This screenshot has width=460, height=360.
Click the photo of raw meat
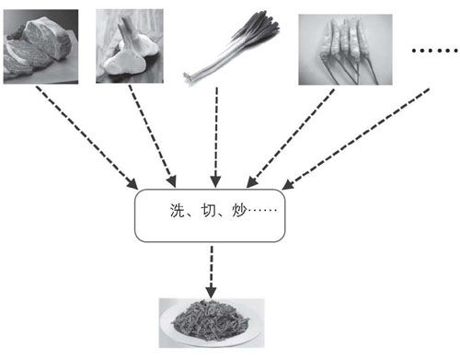40,46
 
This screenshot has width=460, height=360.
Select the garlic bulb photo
130,46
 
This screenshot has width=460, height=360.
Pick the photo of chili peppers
345,50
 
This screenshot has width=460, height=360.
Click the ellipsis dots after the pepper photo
435,51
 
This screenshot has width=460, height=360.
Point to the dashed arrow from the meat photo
86,137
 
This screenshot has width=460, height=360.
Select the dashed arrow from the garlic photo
152,136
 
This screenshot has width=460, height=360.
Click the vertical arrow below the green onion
216,137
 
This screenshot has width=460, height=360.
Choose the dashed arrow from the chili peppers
290,138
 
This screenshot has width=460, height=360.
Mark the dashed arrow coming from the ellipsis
355,139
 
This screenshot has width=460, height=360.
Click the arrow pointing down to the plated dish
212,272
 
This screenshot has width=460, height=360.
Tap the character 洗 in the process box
177,211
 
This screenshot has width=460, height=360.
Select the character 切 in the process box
209,211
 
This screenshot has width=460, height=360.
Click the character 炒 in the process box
239,211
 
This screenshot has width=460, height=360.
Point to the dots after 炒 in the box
262,211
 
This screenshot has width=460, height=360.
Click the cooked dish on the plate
211,320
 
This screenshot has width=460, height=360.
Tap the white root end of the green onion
189,76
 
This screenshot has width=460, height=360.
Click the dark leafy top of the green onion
257,29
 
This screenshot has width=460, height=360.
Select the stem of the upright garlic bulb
125,29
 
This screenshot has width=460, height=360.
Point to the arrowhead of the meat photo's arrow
133,184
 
